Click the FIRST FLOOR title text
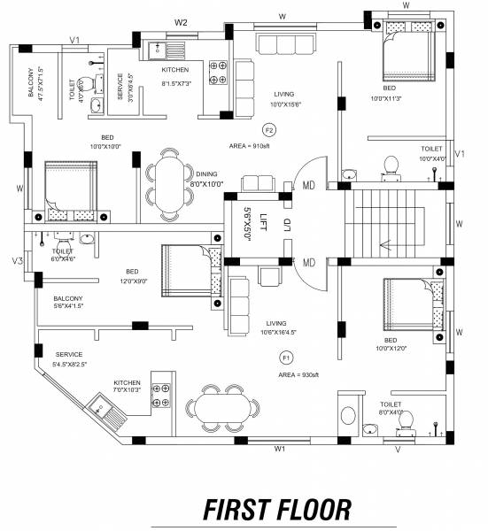276,509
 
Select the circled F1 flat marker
286,358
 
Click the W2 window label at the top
182,21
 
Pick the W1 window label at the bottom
279,450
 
